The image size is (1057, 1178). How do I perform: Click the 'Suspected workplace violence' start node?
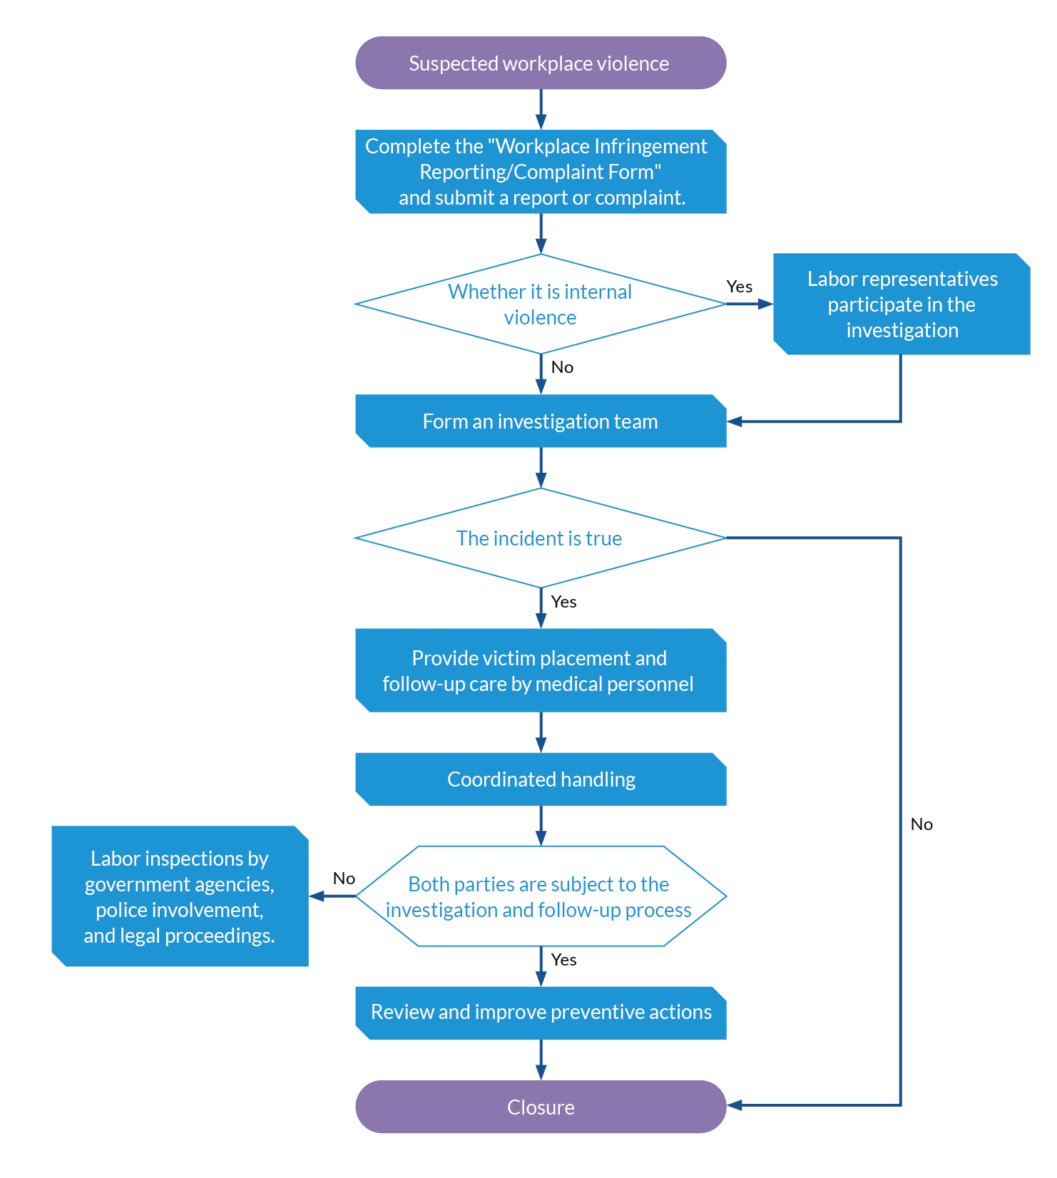541,63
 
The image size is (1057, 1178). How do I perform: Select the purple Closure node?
541,1107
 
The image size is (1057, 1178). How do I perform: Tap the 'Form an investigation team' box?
541,421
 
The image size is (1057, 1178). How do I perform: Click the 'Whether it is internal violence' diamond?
541,304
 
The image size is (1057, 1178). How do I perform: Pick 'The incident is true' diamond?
541,538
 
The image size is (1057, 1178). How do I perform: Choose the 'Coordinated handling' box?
541,779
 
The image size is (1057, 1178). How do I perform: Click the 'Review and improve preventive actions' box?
541,1013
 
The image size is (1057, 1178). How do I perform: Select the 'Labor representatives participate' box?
902,304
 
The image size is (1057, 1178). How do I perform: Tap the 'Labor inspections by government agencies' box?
180,896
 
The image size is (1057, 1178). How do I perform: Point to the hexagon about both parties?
541,896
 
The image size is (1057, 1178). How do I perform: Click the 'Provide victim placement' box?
541,670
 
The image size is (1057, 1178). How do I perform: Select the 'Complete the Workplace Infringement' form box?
541,171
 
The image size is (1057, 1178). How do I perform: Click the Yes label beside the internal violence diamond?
740,286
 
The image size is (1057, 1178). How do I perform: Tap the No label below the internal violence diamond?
562,367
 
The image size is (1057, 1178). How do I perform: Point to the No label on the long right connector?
921,824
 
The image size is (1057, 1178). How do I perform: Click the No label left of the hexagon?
344,878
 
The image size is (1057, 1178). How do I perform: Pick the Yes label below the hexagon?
563,959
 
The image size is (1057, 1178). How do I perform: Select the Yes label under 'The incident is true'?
563,601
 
